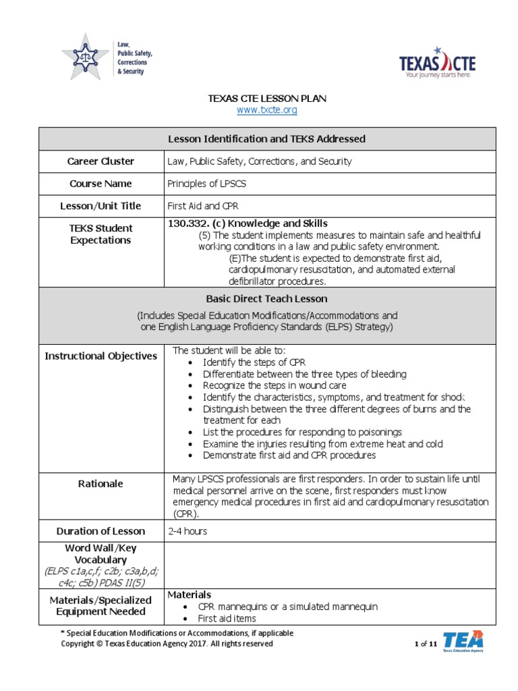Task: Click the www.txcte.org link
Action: click(268, 109)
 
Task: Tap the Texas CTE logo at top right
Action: click(438, 63)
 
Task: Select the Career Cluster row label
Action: click(100, 161)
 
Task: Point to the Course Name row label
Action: click(100, 184)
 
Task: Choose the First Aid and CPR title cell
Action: click(203, 206)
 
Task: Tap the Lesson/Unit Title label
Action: click(100, 206)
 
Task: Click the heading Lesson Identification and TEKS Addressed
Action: click(266, 139)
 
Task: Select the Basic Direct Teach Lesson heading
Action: click(266, 298)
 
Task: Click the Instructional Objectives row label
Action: click(100, 356)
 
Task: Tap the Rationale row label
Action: click(100, 484)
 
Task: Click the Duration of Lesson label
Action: click(100, 531)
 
